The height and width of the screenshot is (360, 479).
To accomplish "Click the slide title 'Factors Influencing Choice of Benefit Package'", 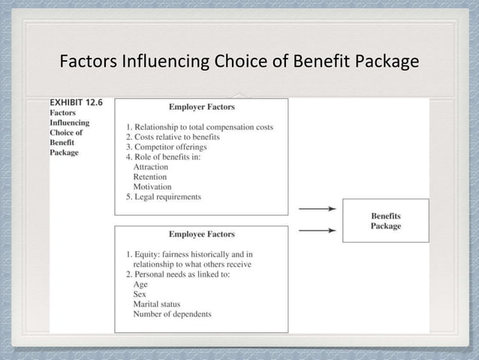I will coord(239,60).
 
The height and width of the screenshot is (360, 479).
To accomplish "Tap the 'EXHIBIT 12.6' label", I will coord(76,102).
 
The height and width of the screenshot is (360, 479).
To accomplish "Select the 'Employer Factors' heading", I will coord(201,107).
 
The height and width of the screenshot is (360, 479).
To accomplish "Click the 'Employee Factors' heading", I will coord(201,234).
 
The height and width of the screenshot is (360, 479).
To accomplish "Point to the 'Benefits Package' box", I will coord(386,221).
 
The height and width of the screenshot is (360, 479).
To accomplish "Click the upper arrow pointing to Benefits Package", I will coord(317,209).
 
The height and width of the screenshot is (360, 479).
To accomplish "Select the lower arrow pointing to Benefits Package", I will coord(317,231).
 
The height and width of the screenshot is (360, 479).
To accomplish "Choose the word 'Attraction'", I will coord(150,167).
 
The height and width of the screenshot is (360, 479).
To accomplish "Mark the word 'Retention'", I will coord(149,177).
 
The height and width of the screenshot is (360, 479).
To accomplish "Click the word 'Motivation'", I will coord(152,186).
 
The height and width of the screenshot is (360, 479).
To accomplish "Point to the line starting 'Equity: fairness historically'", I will coord(194,254).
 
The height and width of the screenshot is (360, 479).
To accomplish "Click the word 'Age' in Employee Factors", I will coord(140,284).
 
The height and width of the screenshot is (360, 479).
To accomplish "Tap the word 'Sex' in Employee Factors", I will coord(140,294).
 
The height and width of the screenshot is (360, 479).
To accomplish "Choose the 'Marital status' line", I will coord(156,304).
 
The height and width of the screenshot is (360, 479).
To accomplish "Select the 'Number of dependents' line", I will coord(172,314).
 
